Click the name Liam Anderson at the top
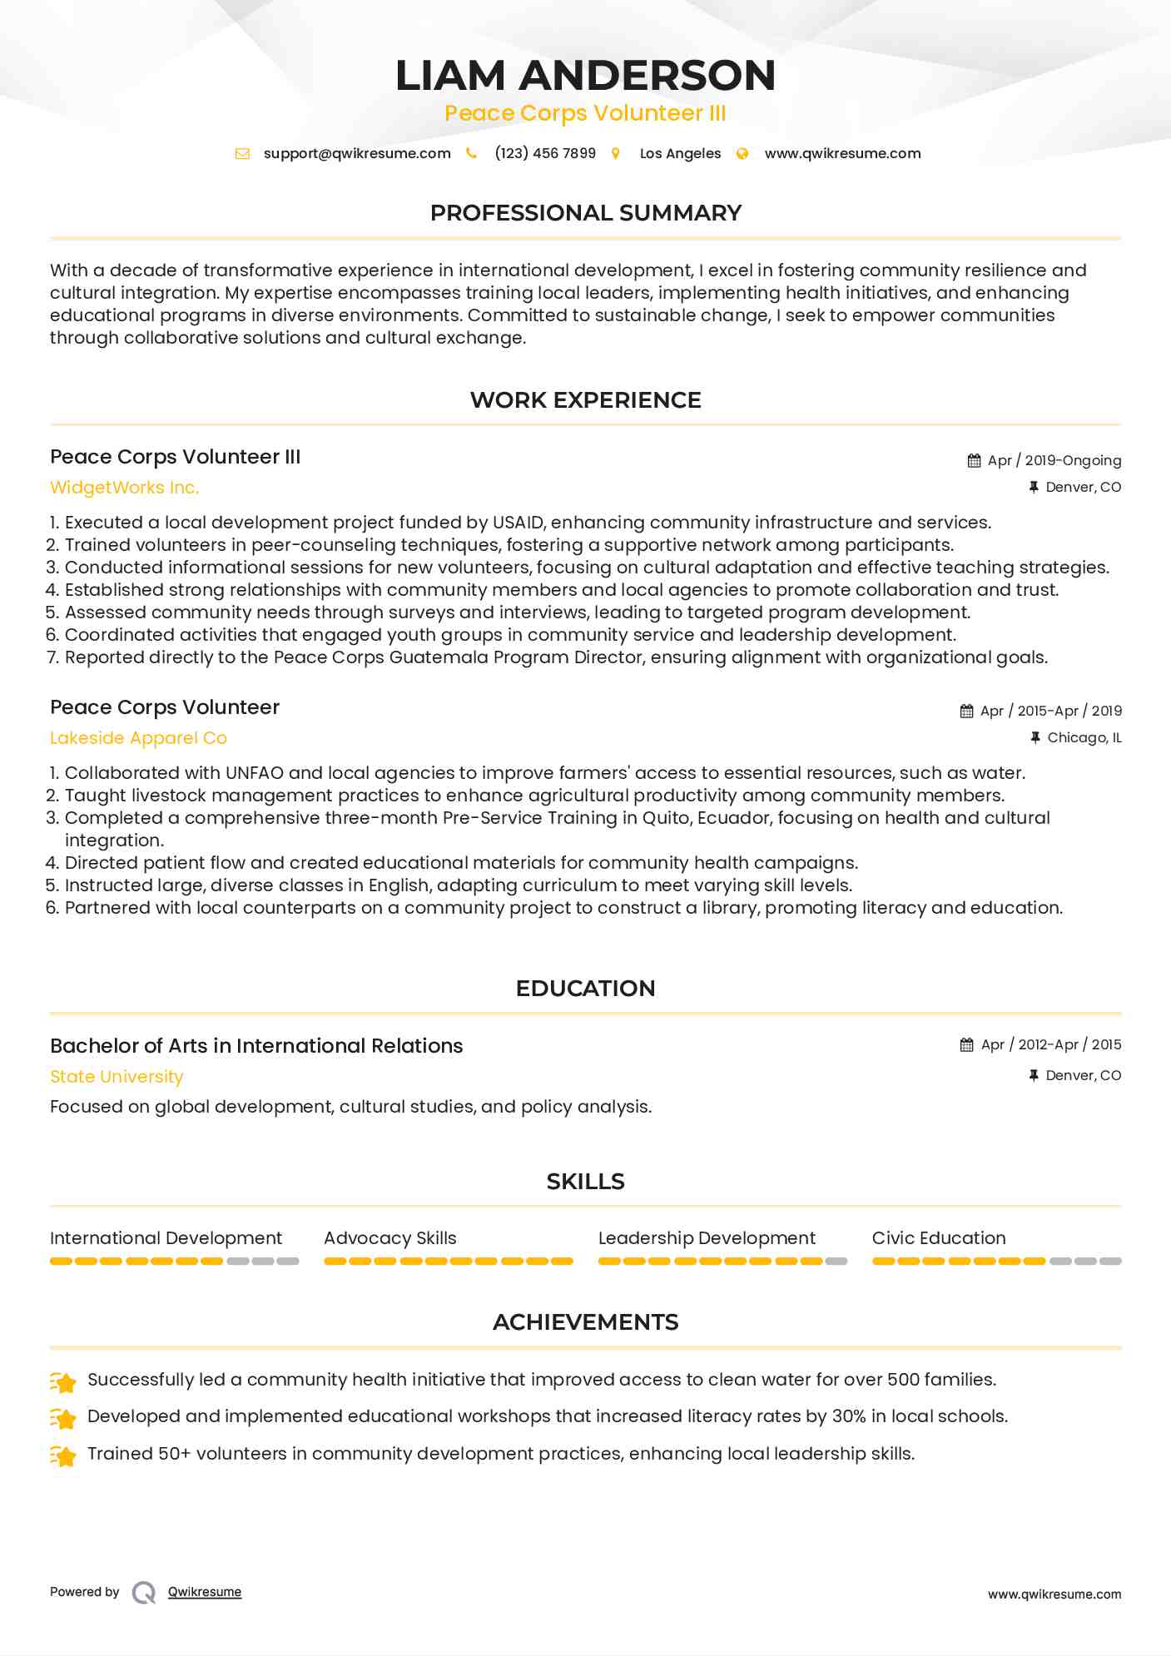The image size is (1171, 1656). tap(585, 76)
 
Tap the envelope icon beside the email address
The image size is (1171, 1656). tap(242, 154)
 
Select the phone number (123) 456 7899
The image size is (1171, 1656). tap(545, 154)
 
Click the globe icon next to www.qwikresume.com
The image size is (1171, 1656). tap(742, 154)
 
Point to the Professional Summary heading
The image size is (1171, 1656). tap(585, 213)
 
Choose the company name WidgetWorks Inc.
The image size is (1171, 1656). tap(124, 488)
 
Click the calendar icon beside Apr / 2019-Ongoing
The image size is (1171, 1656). tap(974, 461)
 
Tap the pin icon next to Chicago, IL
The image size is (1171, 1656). tap(1035, 737)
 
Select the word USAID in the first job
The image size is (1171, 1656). tap(518, 523)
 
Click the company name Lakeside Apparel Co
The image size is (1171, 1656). tap(138, 738)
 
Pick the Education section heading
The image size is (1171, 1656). tap(585, 989)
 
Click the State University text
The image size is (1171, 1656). tap(117, 1077)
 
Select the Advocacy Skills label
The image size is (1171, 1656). tap(390, 1238)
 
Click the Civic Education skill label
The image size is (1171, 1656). tap(939, 1238)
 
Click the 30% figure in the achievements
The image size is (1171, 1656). tap(849, 1416)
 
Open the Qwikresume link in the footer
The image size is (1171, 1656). tap(205, 1592)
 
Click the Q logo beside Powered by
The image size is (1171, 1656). tap(144, 1593)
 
